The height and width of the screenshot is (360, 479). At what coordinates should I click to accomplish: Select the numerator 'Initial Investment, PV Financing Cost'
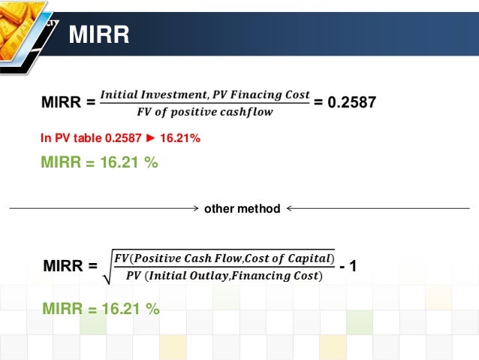[x=205, y=95]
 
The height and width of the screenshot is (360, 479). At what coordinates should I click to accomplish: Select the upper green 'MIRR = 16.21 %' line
[x=99, y=162]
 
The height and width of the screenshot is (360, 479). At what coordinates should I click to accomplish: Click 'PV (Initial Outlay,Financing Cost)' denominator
[x=224, y=276]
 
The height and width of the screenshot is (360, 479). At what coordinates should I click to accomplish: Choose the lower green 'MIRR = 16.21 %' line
[x=101, y=308]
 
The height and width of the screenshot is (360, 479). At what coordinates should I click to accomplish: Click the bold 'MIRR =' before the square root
[x=71, y=266]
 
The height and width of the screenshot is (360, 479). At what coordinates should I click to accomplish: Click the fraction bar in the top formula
[x=205, y=104]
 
